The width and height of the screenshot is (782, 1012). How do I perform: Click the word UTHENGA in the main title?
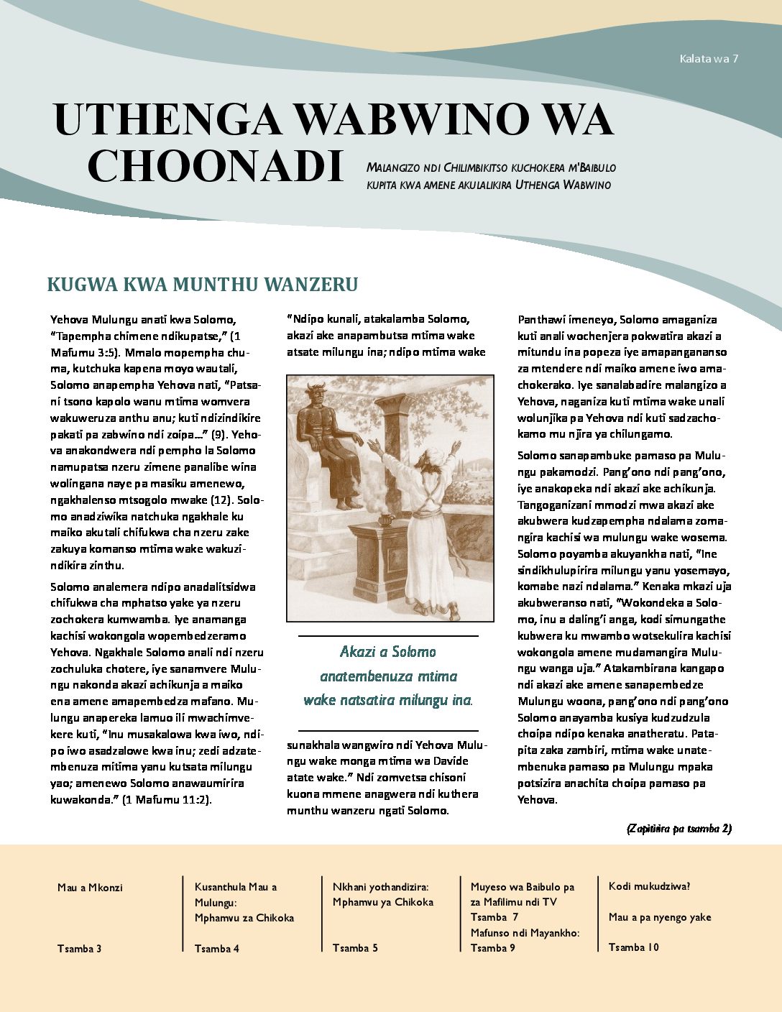(x=167, y=120)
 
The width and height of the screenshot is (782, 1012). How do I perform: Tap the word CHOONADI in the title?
(x=215, y=166)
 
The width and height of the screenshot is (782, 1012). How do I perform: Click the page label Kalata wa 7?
(x=709, y=59)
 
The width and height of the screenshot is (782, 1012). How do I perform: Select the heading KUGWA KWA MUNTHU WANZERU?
(x=202, y=285)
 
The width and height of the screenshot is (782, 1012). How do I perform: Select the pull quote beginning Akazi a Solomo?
(x=388, y=676)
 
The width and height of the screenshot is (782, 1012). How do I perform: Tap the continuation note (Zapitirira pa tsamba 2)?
(x=679, y=829)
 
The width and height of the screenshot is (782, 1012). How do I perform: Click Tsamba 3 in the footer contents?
(x=79, y=949)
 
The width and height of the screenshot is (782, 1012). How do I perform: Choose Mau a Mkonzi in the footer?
(x=90, y=888)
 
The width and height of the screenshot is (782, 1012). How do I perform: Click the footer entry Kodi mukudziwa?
(x=649, y=886)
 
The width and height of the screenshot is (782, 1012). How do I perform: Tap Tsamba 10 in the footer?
(x=633, y=947)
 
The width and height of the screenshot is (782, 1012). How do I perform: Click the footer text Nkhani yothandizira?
(x=380, y=887)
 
